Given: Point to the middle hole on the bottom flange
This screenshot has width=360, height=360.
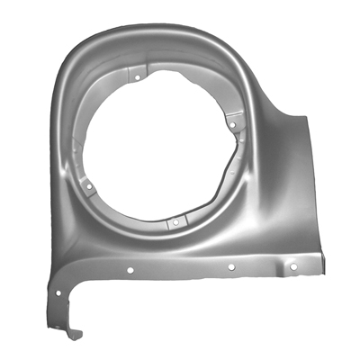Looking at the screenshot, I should [x=231, y=267].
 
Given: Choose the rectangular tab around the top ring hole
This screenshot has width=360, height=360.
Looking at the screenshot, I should [x=137, y=75].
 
